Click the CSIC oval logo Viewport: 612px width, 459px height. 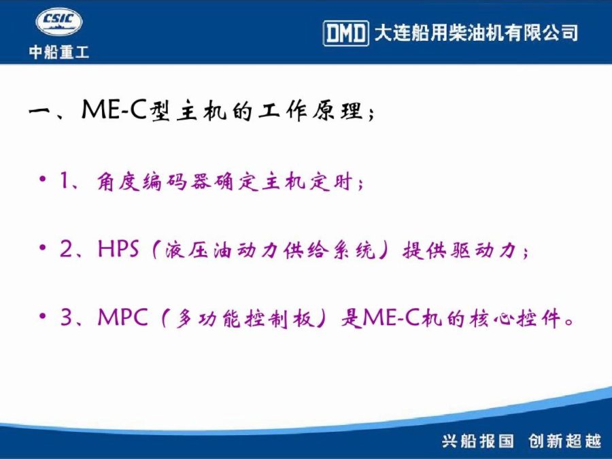(59, 22)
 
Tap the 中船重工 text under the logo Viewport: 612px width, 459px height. (59, 52)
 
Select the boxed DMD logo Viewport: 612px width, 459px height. (346, 33)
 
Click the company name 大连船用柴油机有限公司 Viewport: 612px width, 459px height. (476, 33)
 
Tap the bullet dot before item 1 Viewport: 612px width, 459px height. (43, 179)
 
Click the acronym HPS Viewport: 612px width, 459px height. (118, 248)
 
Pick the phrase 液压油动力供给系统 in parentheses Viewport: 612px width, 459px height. (270, 250)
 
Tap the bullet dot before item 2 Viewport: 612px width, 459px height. (43, 248)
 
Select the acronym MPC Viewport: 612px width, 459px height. (123, 317)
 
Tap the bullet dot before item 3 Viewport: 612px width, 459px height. (43, 316)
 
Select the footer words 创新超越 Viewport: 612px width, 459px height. (565, 441)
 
